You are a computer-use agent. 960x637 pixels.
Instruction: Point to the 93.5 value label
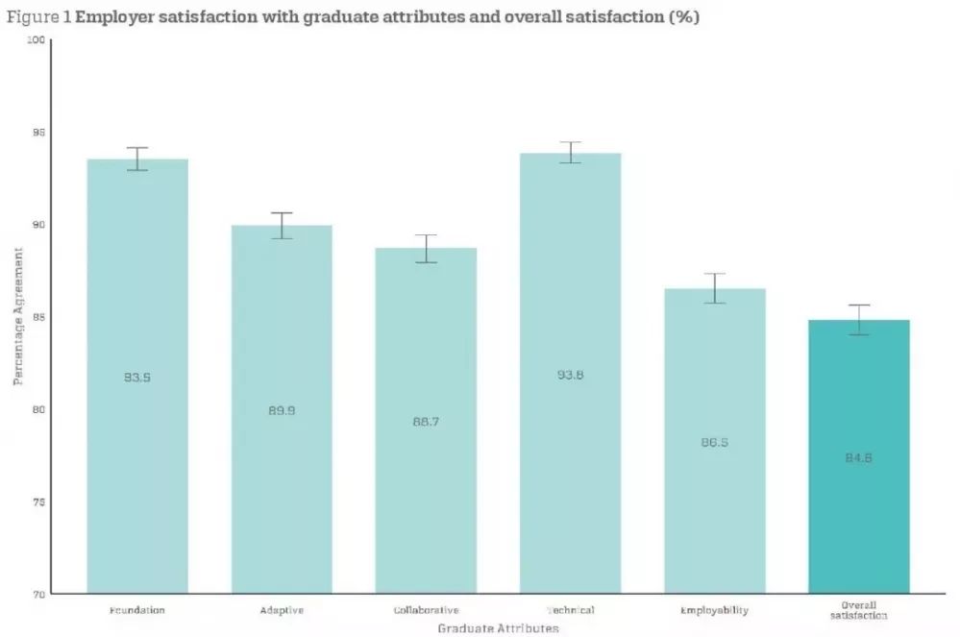click(137, 378)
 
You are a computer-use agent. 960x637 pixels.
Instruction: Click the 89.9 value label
click(282, 410)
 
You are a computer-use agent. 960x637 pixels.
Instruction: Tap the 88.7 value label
click(426, 422)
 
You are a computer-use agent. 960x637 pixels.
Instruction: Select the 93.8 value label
click(570, 375)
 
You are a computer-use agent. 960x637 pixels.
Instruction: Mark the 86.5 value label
click(714, 443)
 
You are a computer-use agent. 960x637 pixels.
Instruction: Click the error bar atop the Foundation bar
click(137, 159)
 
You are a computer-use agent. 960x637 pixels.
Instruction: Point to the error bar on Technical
click(570, 152)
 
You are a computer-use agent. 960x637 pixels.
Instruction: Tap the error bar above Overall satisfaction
click(858, 320)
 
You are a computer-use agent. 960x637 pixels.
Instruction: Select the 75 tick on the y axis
click(37, 502)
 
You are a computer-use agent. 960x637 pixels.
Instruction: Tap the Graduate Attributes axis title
click(498, 628)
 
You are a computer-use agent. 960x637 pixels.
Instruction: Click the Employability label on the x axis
click(714, 610)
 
